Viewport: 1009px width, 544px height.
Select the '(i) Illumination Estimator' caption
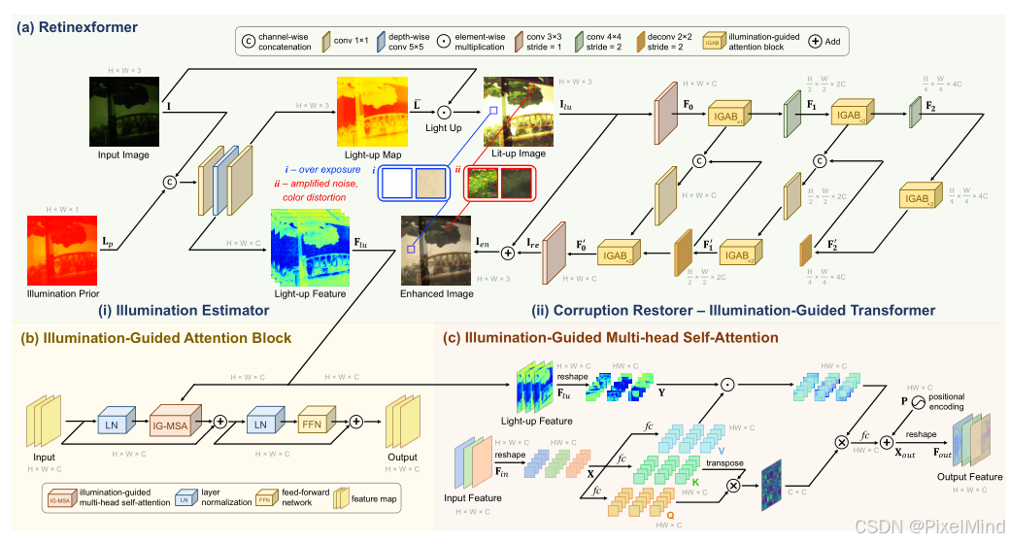coord(193,311)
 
